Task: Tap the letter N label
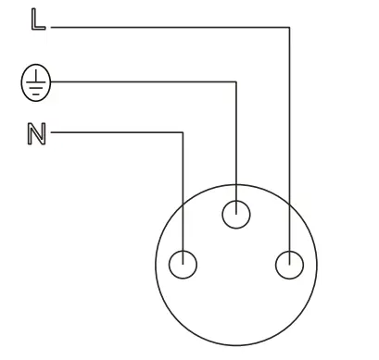click(36, 134)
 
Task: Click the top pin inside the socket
click(237, 215)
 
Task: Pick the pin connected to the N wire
click(184, 265)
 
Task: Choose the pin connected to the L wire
click(289, 265)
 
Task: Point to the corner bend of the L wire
click(289, 28)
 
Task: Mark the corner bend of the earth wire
click(237, 81)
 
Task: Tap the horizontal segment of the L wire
click(167, 28)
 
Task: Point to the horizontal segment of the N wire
click(116, 133)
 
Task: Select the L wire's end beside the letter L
click(52, 28)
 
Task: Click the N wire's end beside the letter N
click(53, 133)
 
